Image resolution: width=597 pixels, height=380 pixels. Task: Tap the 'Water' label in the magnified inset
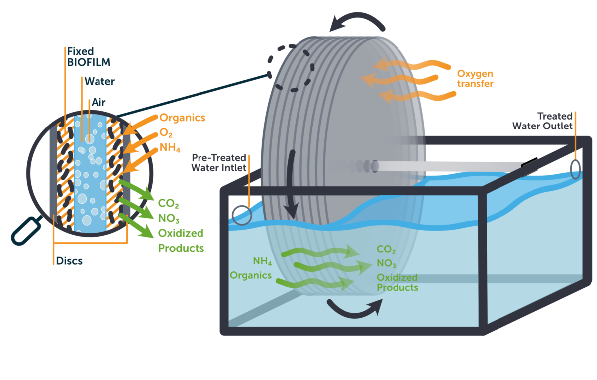pos(99,81)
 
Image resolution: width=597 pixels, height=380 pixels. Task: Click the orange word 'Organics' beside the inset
pos(182,118)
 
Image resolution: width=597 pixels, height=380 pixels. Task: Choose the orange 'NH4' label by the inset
pos(171,148)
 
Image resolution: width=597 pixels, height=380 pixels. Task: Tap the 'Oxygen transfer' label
pos(475,79)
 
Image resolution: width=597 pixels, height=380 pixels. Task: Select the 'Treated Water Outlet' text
pos(543,121)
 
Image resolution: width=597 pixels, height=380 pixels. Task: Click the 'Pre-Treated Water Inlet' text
pos(219,163)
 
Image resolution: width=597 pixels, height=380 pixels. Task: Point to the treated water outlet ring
pos(576,169)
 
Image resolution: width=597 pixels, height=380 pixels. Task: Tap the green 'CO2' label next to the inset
pos(168,203)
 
